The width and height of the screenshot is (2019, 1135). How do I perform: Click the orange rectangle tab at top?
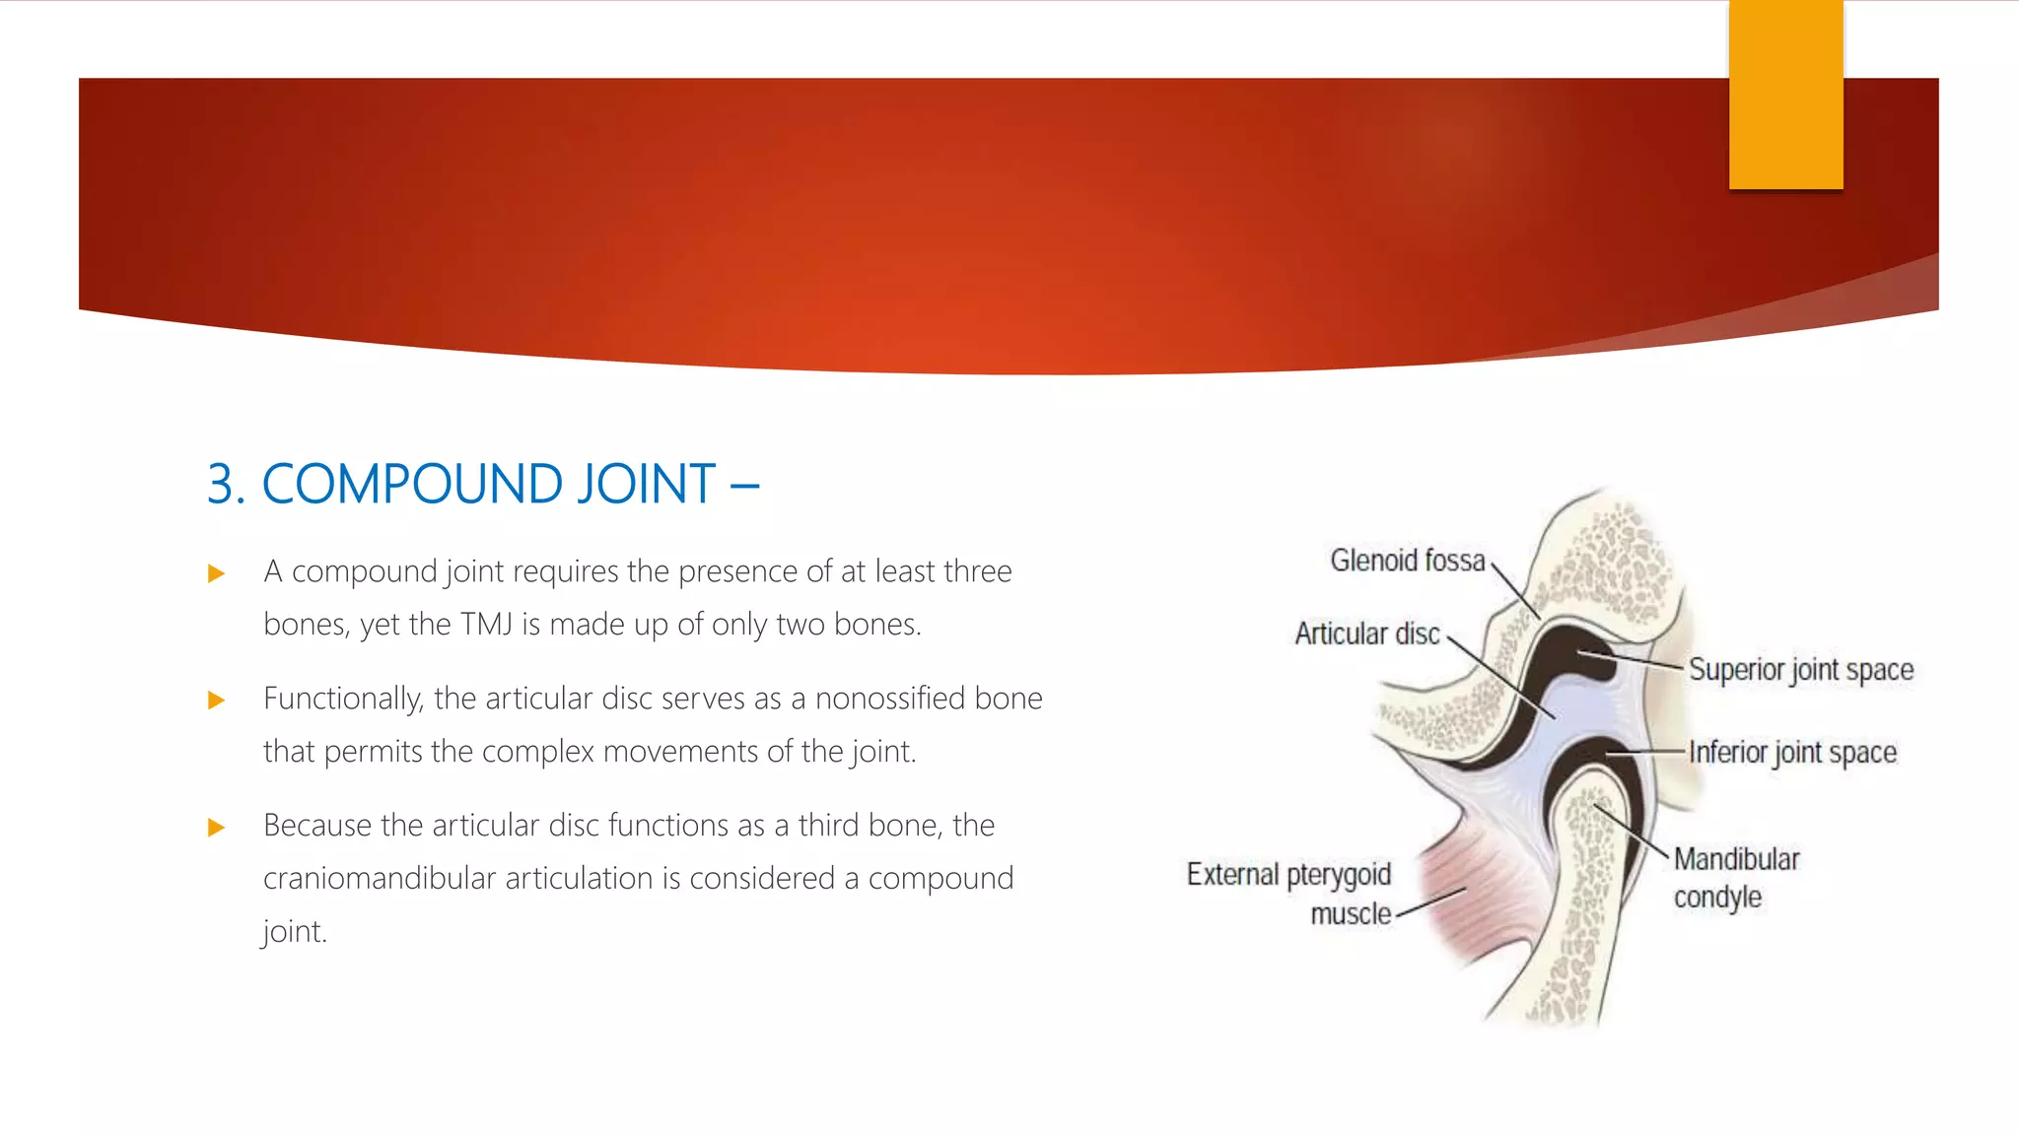tap(1785, 95)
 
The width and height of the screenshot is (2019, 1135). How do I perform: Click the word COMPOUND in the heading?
tap(413, 485)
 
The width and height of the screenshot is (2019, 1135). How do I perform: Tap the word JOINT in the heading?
tap(646, 485)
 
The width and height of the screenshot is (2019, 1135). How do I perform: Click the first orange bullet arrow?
tap(217, 573)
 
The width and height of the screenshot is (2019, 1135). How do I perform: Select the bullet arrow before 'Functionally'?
tap(217, 701)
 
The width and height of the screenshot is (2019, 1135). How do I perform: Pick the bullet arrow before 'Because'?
tap(217, 828)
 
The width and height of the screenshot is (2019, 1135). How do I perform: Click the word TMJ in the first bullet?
tap(486, 625)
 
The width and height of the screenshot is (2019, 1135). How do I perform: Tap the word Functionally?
tap(343, 700)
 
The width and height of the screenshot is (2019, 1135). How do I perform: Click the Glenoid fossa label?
tap(1407, 561)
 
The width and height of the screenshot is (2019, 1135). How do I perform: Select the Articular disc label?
tap(1366, 634)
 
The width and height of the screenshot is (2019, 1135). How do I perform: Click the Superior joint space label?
tap(1800, 670)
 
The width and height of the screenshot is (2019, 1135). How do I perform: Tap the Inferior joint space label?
tap(1791, 753)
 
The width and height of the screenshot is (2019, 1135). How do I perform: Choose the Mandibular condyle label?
tap(1735, 878)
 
